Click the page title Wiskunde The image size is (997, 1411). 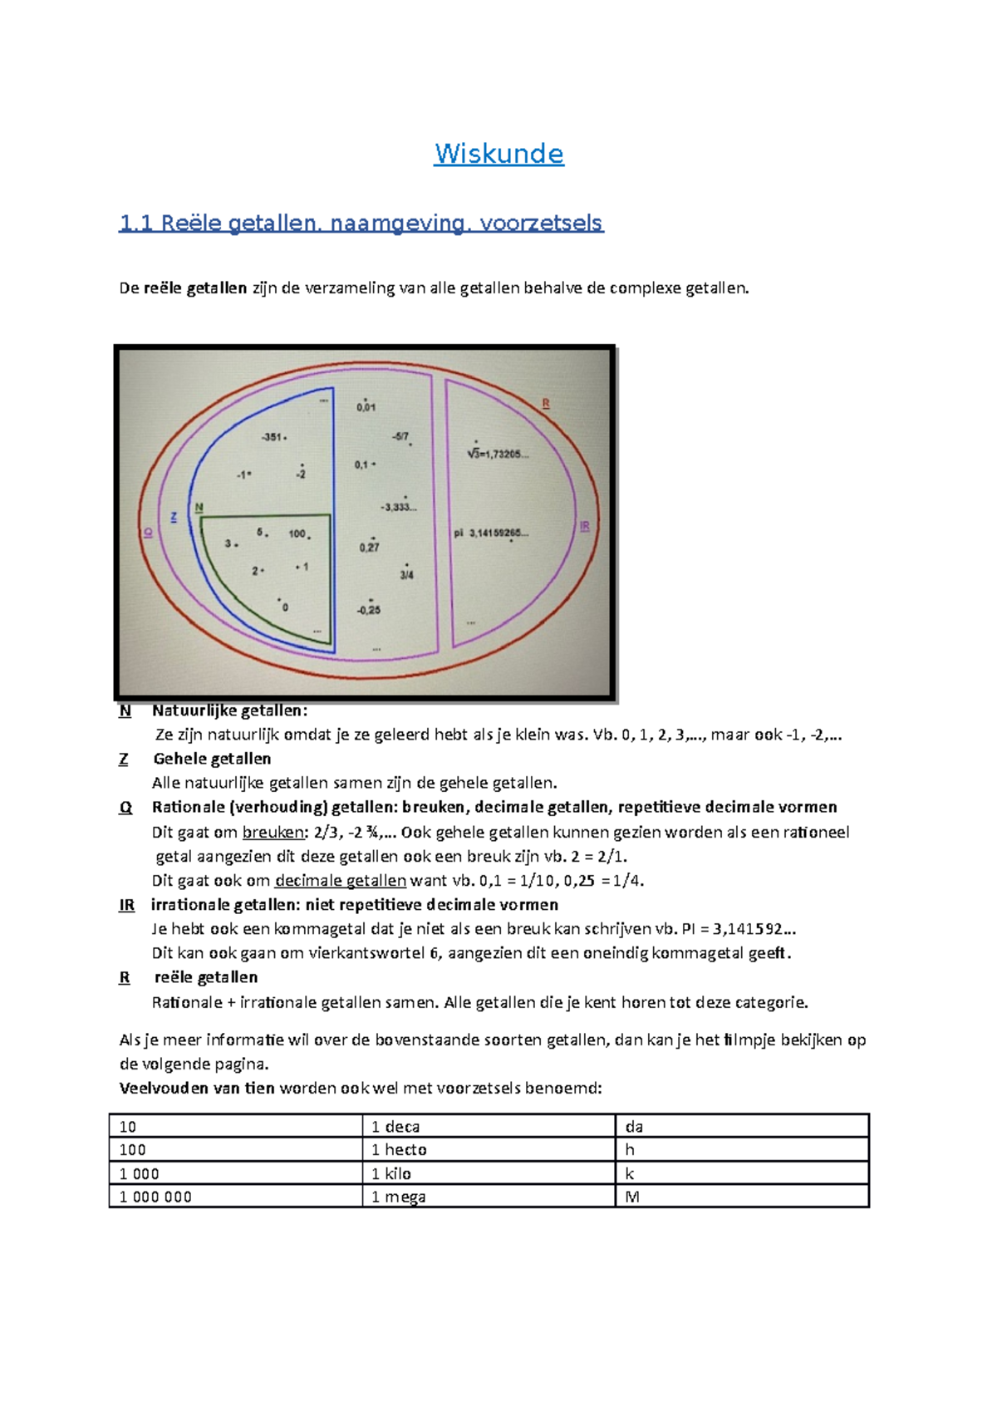pyautogui.click(x=498, y=154)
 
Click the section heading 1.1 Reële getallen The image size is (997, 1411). pyautogui.click(x=361, y=223)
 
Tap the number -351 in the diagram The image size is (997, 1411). pyautogui.click(x=272, y=437)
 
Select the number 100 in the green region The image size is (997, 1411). pyautogui.click(x=297, y=533)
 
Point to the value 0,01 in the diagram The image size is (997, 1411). pyautogui.click(x=366, y=407)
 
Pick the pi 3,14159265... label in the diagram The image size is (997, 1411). pyautogui.click(x=490, y=533)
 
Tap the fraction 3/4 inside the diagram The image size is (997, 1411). pyautogui.click(x=406, y=574)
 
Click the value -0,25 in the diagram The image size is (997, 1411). pyautogui.click(x=369, y=610)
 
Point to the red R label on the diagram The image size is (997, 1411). pyautogui.click(x=546, y=404)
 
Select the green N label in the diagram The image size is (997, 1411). pyautogui.click(x=199, y=508)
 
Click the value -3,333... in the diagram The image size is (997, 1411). pyautogui.click(x=399, y=507)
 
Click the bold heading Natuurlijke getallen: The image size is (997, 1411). pyautogui.click(x=229, y=710)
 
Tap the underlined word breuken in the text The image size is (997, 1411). pyautogui.click(x=273, y=832)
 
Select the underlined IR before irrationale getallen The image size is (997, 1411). pyautogui.click(x=126, y=905)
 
